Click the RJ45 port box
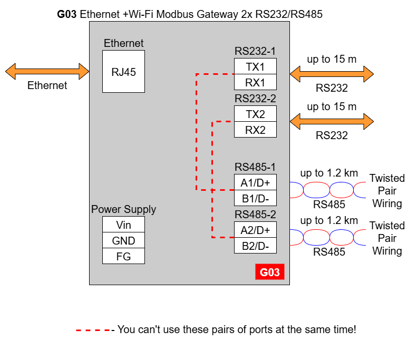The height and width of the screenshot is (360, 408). point(123,72)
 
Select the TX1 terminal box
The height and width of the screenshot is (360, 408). point(255,66)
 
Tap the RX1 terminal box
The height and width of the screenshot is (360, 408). point(255,82)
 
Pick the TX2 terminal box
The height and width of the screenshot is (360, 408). point(255,114)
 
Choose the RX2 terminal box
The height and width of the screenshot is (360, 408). point(255,130)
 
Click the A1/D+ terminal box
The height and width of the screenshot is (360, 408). point(255,182)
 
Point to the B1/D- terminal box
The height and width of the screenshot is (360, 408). point(255,198)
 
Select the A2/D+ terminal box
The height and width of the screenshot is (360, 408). point(255,229)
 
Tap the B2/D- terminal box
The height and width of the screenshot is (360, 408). point(255,245)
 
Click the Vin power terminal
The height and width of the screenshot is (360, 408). point(123,224)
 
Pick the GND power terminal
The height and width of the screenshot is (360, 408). point(123,240)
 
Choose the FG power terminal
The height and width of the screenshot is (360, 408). point(123,256)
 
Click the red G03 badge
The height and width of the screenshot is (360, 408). point(270,272)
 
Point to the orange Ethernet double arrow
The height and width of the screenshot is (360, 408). point(47,71)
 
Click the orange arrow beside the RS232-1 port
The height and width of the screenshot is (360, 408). point(332,74)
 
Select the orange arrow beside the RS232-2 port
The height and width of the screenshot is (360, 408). point(332,121)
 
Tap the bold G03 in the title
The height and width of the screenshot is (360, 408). point(67,14)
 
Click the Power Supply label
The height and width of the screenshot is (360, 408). point(123,209)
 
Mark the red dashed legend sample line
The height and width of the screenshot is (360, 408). point(93,330)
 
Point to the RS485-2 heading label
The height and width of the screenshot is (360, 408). point(255,215)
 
